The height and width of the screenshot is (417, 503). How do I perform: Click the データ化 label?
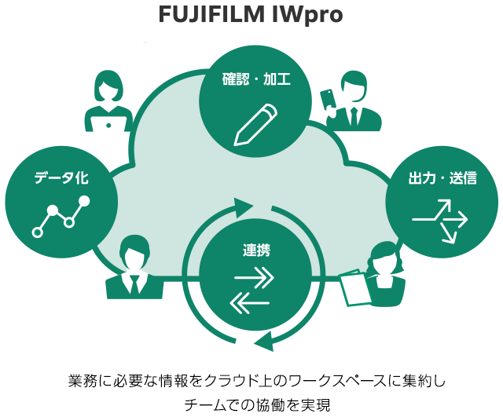pos(61,178)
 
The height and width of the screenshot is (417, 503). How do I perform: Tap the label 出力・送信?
pos(442,178)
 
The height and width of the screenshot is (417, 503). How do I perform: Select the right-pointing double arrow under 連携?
pos(254,279)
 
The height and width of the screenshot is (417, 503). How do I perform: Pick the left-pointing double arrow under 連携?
pos(251,302)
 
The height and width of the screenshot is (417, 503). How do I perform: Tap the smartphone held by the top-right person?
pos(327,100)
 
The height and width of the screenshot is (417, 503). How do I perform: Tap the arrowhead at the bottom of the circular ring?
pos(262,339)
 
